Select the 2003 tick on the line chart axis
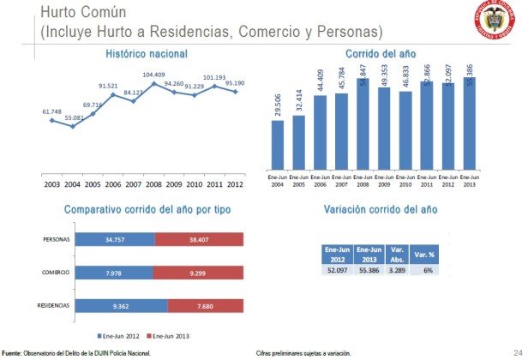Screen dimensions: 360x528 (51, 184)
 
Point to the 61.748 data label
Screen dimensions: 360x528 (52, 111)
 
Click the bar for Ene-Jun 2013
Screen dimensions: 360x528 (467, 124)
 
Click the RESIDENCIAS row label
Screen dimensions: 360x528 (52, 305)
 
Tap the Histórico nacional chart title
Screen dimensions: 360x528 (147, 53)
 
